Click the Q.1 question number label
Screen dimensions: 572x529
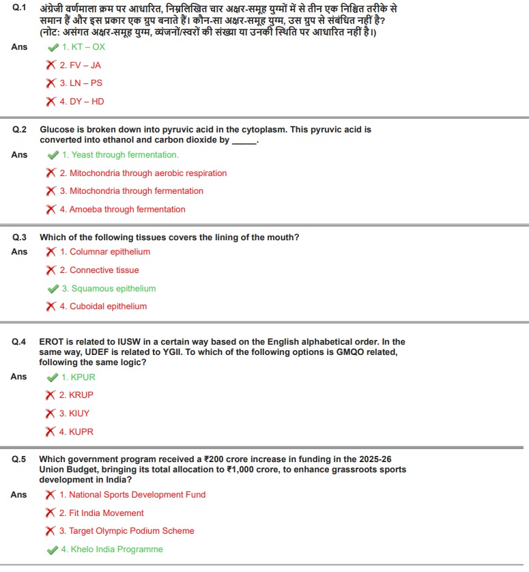tap(19, 9)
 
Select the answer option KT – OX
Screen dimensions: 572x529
tap(83, 47)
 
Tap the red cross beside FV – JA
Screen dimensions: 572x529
tap(51, 66)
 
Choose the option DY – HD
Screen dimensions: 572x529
tap(81, 102)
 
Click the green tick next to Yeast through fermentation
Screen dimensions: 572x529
tap(53, 155)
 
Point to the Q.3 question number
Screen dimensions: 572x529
tap(19, 238)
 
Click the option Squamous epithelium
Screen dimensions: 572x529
tap(109, 289)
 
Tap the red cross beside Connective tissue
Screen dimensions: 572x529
tap(51, 270)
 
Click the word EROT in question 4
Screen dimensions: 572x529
tap(53, 342)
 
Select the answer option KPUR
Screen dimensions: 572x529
tap(78, 377)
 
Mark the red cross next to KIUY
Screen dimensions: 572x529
tap(51, 414)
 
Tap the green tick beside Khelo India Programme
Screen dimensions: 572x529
tap(53, 549)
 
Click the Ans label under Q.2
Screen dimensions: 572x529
tap(19, 155)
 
